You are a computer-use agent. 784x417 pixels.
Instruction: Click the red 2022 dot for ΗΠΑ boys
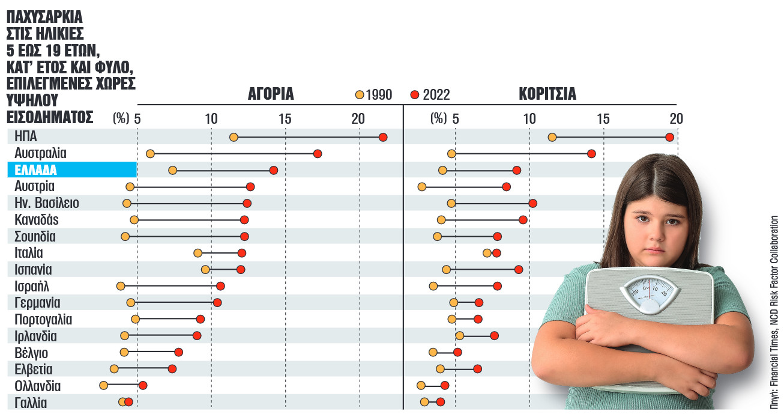pyautogui.click(x=383, y=138)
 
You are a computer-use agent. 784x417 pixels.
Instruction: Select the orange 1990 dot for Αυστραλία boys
pyautogui.click(x=150, y=154)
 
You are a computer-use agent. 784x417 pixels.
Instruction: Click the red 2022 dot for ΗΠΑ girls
pyautogui.click(x=670, y=138)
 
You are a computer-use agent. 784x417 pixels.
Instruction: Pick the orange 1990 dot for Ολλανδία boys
pyautogui.click(x=103, y=385)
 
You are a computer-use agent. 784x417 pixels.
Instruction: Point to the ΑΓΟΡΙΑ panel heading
pyautogui.click(x=271, y=94)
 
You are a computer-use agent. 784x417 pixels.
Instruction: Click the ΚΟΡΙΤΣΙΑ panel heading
pyautogui.click(x=547, y=94)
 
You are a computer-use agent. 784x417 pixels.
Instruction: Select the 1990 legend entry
pyautogui.click(x=373, y=95)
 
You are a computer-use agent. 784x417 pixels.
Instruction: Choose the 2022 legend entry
pyautogui.click(x=430, y=95)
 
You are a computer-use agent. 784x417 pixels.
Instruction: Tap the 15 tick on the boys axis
pyautogui.click(x=285, y=119)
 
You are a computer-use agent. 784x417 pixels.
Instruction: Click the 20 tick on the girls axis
pyautogui.click(x=676, y=119)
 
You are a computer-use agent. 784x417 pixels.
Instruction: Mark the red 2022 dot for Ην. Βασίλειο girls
pyautogui.click(x=532, y=203)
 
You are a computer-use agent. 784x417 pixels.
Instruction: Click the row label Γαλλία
pyautogui.click(x=31, y=403)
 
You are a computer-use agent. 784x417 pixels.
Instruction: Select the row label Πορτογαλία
pyautogui.click(x=43, y=319)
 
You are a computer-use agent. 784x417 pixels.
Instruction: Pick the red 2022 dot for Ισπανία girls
pyautogui.click(x=519, y=269)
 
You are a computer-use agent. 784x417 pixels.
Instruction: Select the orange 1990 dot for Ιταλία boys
pyautogui.click(x=198, y=253)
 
